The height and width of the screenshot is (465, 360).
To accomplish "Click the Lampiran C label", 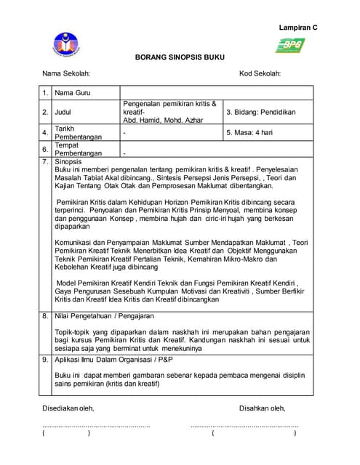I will tap(298, 27).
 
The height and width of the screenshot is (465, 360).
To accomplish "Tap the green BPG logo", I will tap(289, 46).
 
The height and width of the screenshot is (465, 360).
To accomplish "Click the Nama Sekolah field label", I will tap(66, 73).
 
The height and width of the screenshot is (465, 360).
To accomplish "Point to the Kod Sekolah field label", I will tap(260, 73).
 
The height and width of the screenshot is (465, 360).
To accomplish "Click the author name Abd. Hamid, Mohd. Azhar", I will tap(164, 120).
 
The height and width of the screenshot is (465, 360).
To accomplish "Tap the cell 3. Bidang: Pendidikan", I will tap(260, 112).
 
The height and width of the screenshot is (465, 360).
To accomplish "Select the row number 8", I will tap(45, 316).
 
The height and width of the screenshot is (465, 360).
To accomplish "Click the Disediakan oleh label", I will tap(68, 408).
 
